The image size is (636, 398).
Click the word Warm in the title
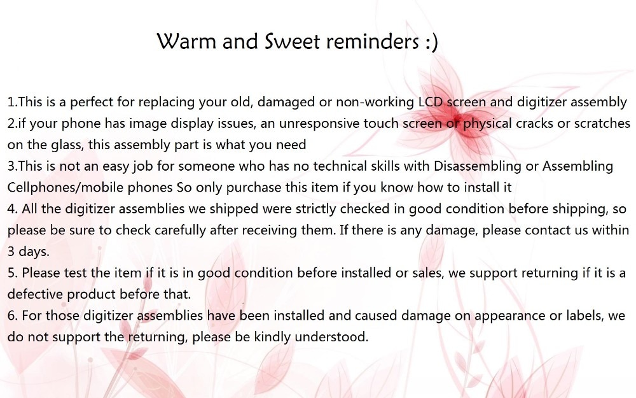point(186,41)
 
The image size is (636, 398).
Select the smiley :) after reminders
point(432,42)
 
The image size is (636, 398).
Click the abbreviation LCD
point(430,101)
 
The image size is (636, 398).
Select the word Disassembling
point(478,166)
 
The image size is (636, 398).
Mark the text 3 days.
point(28,252)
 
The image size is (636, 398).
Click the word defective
point(35,294)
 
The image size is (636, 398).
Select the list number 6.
point(12,316)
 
